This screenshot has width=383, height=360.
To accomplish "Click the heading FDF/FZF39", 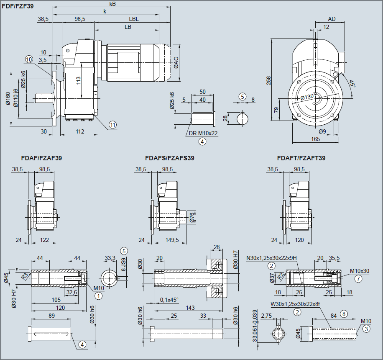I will point(18,6).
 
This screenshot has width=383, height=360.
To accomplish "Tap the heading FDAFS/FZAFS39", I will point(169,158).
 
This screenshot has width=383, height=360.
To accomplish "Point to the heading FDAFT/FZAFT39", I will point(301,158).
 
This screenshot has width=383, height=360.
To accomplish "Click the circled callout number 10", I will point(29,59).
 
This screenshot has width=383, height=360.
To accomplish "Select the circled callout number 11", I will point(113,124).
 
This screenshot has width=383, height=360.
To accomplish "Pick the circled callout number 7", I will point(358,278).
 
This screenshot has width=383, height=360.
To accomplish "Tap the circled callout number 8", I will point(344,313).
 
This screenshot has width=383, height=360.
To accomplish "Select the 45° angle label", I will point(352,84).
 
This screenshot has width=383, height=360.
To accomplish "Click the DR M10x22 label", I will point(203,133).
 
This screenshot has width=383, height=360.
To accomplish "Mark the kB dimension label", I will point(112,3).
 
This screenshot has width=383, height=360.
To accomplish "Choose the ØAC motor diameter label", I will point(176,62).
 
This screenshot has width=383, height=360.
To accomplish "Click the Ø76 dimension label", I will point(192,217).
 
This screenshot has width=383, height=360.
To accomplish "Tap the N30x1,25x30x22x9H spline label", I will point(271,258).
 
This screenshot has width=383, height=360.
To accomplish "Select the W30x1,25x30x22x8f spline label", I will point(294,304).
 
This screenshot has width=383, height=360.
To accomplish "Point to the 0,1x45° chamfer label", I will point(169,300).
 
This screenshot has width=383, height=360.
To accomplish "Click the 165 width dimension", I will point(315,139).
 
